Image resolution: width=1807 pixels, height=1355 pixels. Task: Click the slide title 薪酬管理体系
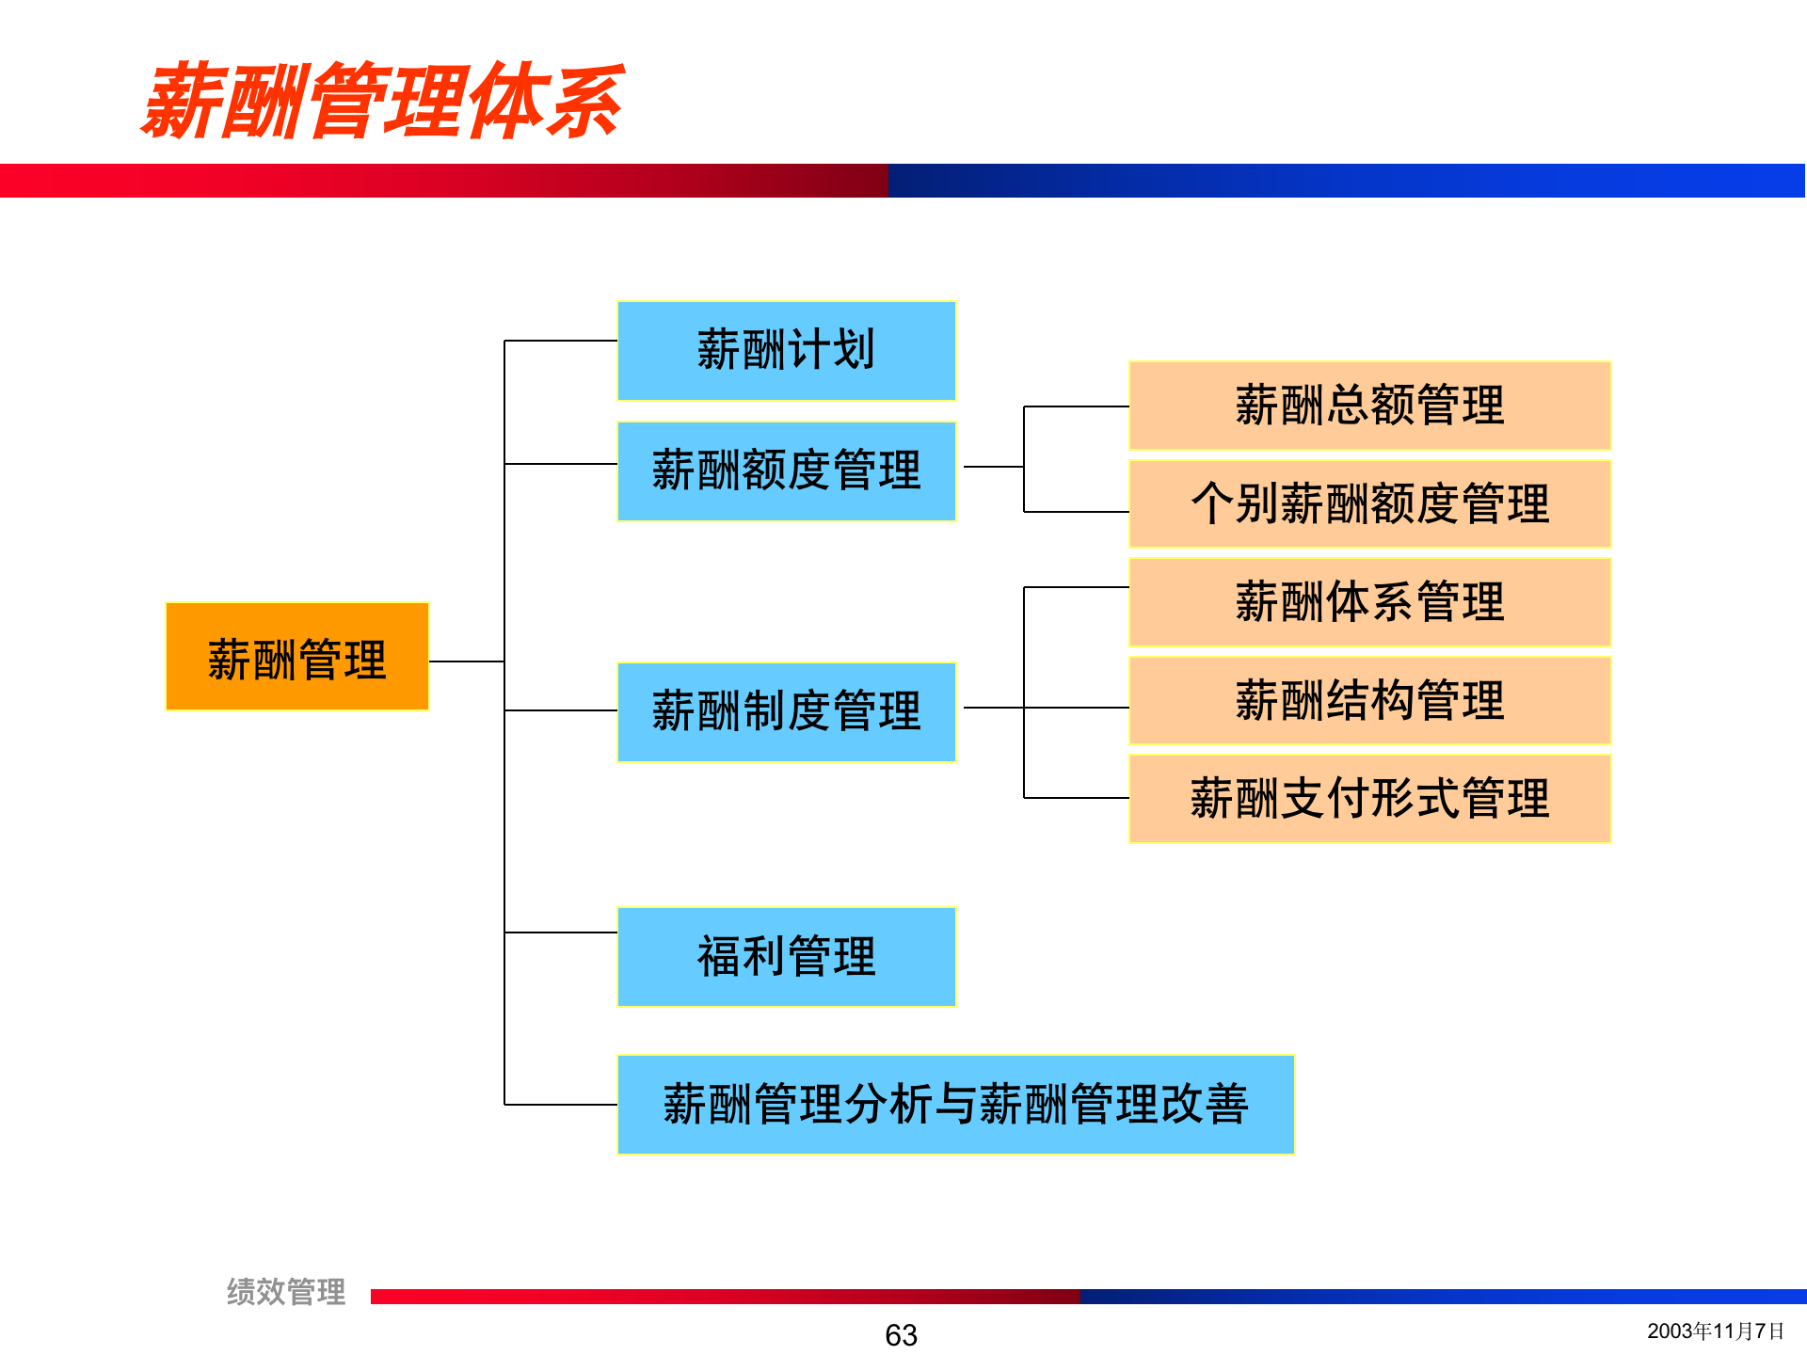click(x=382, y=102)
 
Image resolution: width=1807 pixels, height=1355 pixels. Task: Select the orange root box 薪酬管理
click(x=296, y=657)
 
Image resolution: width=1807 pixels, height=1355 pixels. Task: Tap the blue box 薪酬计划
click(x=786, y=351)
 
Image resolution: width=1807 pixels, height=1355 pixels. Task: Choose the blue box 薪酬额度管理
click(x=786, y=470)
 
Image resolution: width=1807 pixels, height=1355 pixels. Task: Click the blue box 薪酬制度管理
click(x=786, y=711)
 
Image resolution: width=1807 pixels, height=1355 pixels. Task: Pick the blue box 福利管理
click(x=786, y=957)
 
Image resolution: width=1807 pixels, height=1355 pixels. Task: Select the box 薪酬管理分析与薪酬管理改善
click(x=955, y=1105)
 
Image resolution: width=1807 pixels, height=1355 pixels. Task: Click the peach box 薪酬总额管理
click(x=1369, y=406)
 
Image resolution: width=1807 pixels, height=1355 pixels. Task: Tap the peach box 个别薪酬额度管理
click(x=1369, y=503)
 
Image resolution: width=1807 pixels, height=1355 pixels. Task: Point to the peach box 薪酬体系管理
click(x=1369, y=602)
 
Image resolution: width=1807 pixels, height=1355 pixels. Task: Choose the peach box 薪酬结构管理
click(x=1369, y=700)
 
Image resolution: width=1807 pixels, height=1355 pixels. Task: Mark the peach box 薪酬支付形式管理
click(x=1369, y=799)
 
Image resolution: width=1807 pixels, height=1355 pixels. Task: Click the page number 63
click(x=901, y=1334)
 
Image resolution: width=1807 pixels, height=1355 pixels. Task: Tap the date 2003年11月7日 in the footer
click(x=1715, y=1331)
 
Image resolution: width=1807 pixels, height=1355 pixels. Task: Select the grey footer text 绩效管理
click(x=286, y=1291)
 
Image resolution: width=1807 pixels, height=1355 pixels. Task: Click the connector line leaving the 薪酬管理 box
click(x=466, y=662)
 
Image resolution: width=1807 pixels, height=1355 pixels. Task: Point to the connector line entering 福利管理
click(x=560, y=933)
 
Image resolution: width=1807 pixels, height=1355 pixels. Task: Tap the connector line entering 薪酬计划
click(x=560, y=341)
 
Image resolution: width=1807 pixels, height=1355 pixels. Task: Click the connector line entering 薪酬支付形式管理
click(x=1076, y=798)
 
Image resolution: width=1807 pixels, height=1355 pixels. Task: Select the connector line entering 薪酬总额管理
click(x=1076, y=406)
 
